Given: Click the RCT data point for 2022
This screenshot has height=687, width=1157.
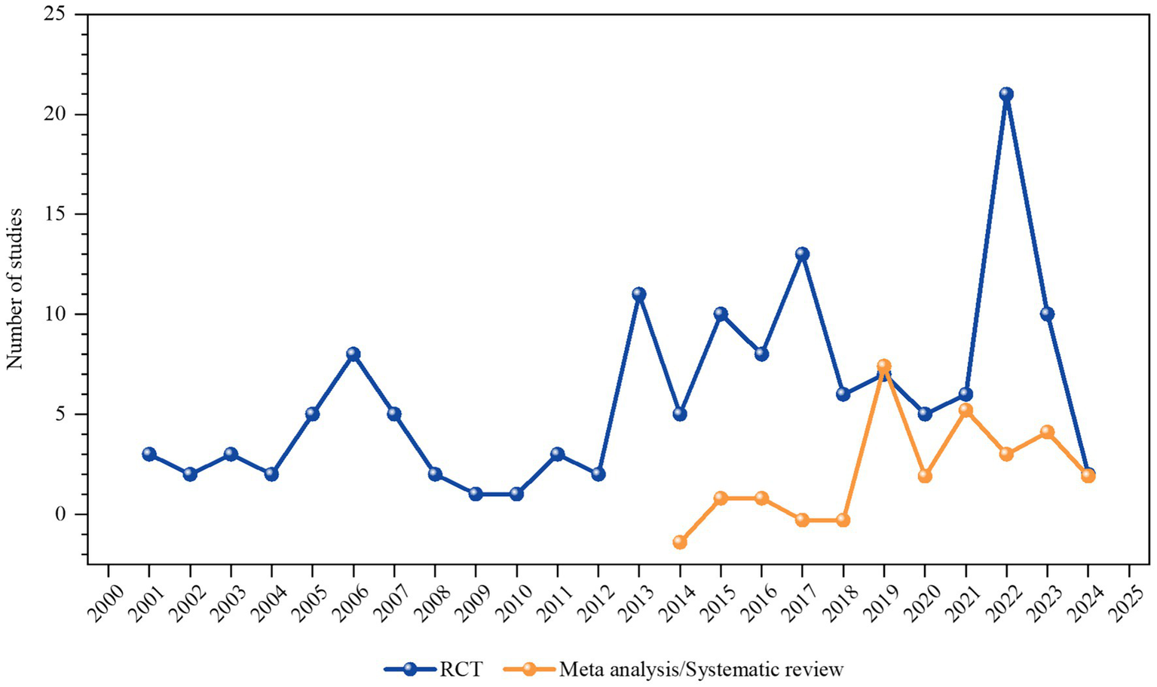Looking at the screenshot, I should pyautogui.click(x=1005, y=94).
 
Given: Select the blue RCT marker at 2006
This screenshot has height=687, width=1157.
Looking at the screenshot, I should pyautogui.click(x=353, y=354).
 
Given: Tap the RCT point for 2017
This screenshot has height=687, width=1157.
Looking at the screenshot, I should pyautogui.click(x=802, y=254).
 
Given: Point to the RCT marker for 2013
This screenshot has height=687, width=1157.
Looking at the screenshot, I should pyautogui.click(x=638, y=294).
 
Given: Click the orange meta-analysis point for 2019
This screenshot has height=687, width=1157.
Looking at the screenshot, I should pyautogui.click(x=883, y=366).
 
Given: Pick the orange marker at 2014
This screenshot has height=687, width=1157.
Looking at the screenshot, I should pyautogui.click(x=679, y=541).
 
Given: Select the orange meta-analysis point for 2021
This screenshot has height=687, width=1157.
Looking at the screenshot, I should pyautogui.click(x=965, y=410).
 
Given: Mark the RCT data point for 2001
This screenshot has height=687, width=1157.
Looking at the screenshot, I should pyautogui.click(x=148, y=454).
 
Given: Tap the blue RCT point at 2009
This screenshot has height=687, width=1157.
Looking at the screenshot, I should pyautogui.click(x=475, y=494).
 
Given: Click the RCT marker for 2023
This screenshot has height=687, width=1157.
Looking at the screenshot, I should pyautogui.click(x=1046, y=314).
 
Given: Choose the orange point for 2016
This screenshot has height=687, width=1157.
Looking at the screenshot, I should pyautogui.click(x=761, y=498).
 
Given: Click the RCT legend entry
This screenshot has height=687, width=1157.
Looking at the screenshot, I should pyautogui.click(x=433, y=669).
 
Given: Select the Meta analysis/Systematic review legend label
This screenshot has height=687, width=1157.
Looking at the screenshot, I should pyautogui.click(x=701, y=669).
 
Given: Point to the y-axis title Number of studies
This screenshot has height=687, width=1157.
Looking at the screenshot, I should pyautogui.click(x=15, y=289).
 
